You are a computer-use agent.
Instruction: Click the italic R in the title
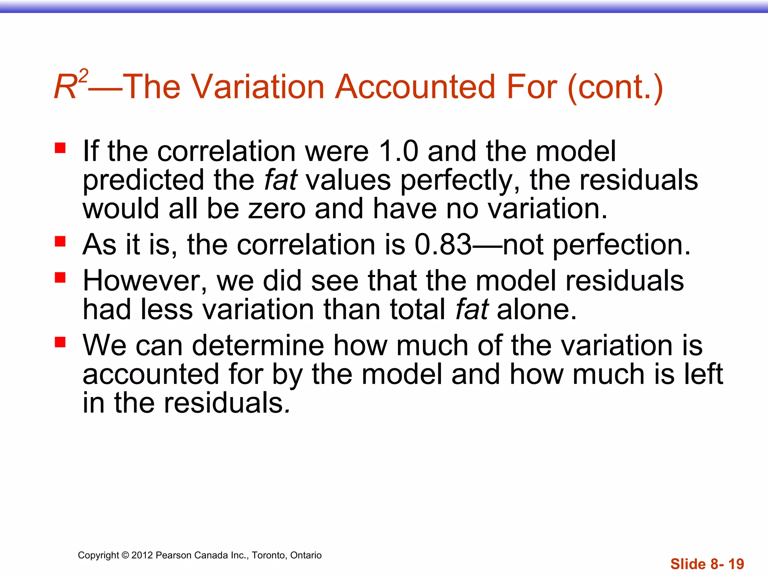point(65,87)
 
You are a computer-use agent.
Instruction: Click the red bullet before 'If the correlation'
point(60,148)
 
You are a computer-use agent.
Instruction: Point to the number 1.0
point(398,151)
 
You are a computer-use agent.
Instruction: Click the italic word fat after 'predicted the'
point(280,180)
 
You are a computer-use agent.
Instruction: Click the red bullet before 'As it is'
point(60,241)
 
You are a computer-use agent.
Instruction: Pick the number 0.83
point(443,245)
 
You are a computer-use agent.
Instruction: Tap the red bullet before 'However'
point(60,277)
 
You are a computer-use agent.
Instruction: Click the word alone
point(537,310)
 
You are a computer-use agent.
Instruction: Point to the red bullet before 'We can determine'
point(60,342)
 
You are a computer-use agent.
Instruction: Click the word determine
point(258,345)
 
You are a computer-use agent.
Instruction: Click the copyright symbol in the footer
point(125,555)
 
